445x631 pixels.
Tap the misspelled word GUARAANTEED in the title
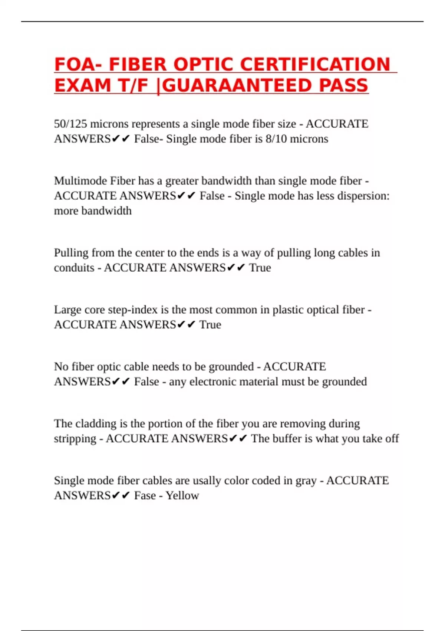click(x=238, y=86)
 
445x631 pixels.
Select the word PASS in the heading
click(x=343, y=86)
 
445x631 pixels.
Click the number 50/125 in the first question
click(x=70, y=124)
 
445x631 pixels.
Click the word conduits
click(x=74, y=268)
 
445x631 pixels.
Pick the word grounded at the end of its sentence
click(x=344, y=382)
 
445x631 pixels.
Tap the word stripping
click(x=75, y=439)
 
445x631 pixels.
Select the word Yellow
click(x=182, y=496)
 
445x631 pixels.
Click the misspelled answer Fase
click(x=145, y=496)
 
